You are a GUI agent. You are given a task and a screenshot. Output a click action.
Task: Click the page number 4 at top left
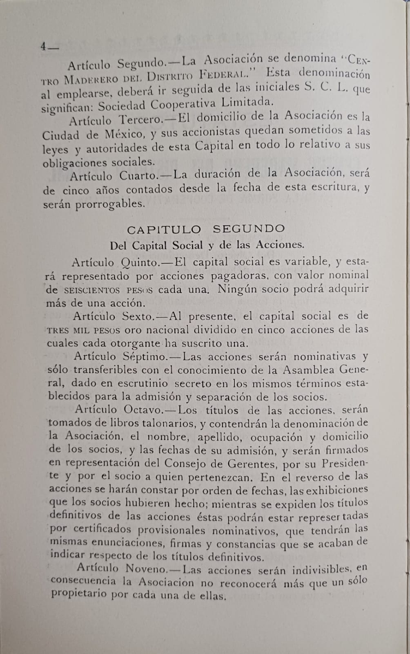[x=43, y=46]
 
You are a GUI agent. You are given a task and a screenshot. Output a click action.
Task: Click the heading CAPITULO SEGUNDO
[x=206, y=229]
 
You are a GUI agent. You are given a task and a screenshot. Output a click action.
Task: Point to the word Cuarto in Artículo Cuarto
[x=138, y=176]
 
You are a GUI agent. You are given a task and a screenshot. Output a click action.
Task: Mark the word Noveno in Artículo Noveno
[x=145, y=569]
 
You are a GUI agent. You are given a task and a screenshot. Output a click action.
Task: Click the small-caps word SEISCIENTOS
[x=92, y=290]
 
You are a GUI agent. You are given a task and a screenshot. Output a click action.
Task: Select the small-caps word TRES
[x=58, y=330]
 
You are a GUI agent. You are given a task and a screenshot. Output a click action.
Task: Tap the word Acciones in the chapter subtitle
[x=280, y=244]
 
